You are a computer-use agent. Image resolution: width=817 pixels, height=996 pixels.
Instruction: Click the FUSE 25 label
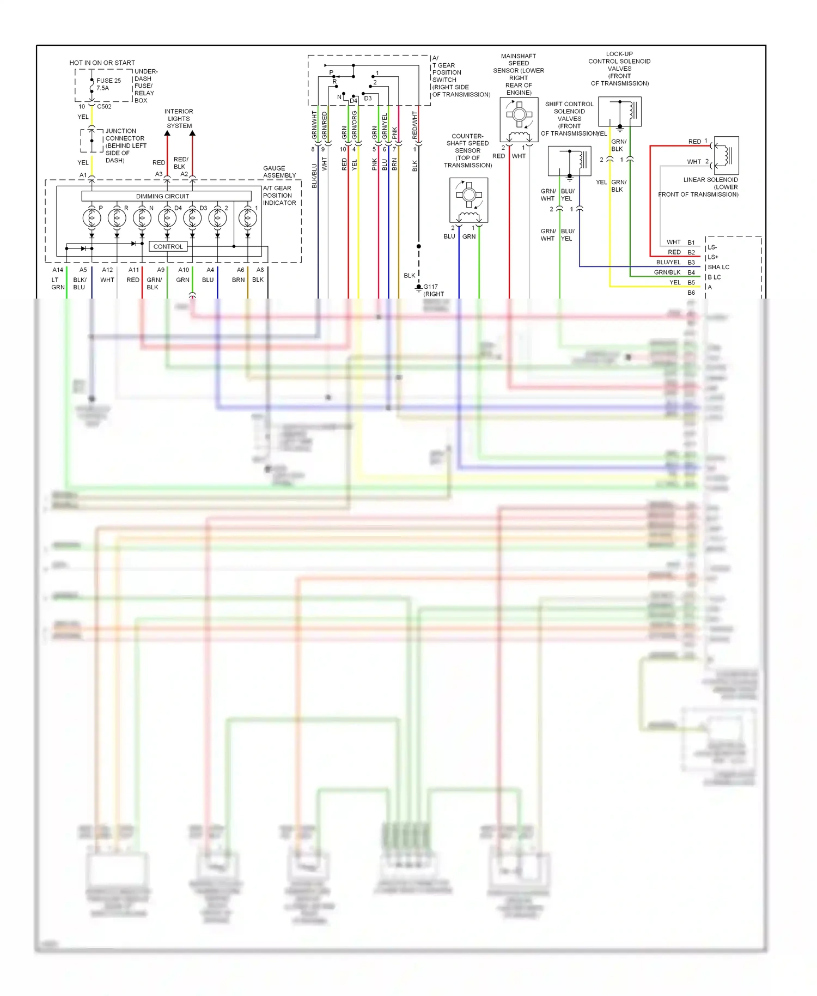108,81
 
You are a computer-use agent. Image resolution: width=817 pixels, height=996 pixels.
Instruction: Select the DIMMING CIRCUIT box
166,196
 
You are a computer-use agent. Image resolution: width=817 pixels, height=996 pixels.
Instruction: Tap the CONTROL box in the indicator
168,247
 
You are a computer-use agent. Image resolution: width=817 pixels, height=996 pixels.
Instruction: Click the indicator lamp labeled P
92,218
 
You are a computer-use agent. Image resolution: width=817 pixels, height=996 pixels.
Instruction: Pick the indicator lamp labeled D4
167,218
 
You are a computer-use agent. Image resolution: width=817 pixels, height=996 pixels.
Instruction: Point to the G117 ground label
431,287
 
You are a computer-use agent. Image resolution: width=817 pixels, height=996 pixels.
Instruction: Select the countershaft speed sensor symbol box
469,200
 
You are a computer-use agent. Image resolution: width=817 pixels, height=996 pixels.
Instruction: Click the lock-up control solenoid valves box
620,112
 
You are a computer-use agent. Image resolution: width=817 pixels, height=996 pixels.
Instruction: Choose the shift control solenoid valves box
570,161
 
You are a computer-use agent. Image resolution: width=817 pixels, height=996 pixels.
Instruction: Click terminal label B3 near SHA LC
691,263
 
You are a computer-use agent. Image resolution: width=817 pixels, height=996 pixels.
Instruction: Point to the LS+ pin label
713,257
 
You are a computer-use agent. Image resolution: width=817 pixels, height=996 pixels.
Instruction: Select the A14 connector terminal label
58,270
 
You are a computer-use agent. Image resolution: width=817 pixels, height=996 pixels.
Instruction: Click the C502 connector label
104,107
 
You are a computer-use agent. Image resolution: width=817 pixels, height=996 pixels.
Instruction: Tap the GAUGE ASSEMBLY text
279,172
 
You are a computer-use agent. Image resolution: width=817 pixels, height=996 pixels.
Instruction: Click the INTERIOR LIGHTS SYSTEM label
179,118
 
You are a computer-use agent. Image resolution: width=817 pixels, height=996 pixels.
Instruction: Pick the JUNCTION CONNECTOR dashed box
92,141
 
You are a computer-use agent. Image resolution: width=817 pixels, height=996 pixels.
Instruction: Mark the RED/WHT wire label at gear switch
414,125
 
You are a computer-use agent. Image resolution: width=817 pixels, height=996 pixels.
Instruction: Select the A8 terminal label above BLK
260,270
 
